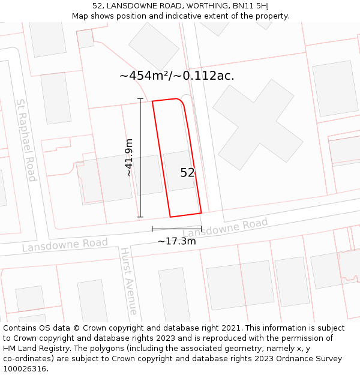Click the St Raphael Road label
pos(26,140)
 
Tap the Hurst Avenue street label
pos(128,280)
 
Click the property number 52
pos(187,173)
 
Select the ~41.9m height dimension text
pos(128,157)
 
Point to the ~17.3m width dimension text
pos(176,241)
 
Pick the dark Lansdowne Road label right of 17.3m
pos(225,229)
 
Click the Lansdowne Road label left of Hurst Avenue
pos(65,245)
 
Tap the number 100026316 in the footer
pos(26,369)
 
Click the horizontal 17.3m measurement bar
pos(176,229)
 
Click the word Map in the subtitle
pos(81,16)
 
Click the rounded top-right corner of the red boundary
pos(181,103)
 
